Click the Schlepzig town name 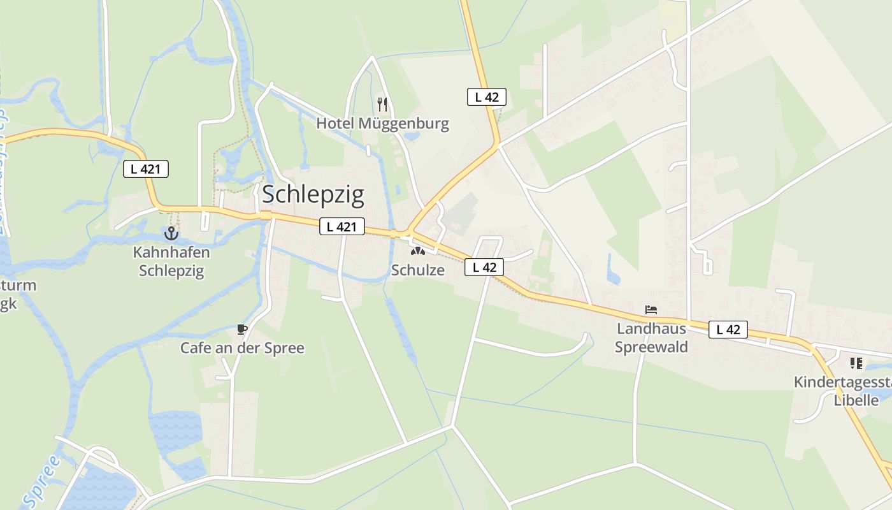point(313,194)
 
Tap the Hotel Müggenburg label point(382,123)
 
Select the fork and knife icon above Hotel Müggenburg point(382,105)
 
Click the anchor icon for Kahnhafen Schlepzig point(171,233)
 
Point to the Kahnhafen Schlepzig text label point(171,261)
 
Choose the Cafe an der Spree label point(242,348)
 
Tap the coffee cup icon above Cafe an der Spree point(242,330)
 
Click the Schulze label point(417,270)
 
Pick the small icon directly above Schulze point(417,252)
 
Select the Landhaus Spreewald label point(651,338)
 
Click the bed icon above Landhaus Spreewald point(651,310)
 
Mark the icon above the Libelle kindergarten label point(856,363)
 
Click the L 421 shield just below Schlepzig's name point(342,226)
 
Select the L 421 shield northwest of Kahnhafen point(145,169)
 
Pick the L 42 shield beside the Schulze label point(485,267)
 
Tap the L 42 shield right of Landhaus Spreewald point(728,330)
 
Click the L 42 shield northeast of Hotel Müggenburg point(487,97)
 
